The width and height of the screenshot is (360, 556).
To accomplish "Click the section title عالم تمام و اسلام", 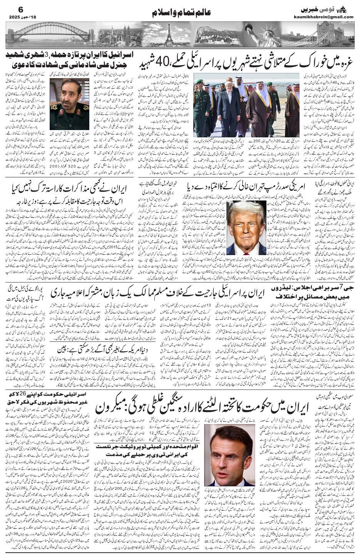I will [179, 13].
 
